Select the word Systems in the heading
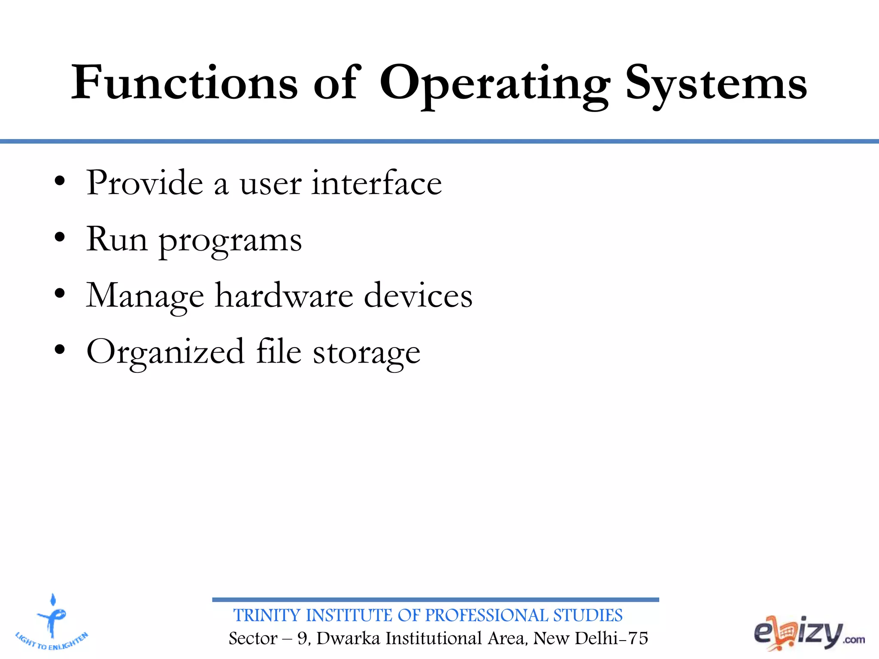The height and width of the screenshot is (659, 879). point(716,84)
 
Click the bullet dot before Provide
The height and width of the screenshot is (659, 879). point(60,181)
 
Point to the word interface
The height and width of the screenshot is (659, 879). point(376,183)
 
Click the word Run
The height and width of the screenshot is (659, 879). point(117,239)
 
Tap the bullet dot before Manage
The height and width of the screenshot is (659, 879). point(60,294)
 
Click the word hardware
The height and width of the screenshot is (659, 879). point(284,296)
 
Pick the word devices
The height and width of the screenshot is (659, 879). point(418,296)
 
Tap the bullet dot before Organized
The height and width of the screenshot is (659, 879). point(60,350)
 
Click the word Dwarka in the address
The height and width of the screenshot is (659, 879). point(348,638)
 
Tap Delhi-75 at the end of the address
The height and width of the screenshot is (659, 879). point(611,638)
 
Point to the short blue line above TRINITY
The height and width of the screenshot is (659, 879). point(435,600)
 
